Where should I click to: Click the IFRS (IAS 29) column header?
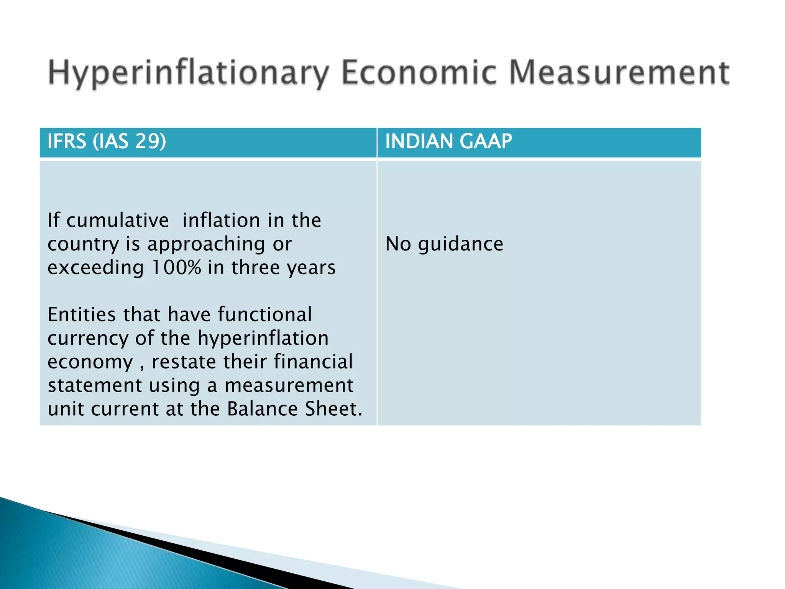click(107, 141)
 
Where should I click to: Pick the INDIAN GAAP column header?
click(448, 141)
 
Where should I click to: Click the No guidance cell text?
click(444, 244)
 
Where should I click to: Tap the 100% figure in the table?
click(176, 267)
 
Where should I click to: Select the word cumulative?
click(118, 220)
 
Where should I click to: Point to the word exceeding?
click(96, 268)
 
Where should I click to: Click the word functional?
click(265, 315)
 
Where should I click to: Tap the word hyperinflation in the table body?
click(263, 339)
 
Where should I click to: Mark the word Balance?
click(263, 409)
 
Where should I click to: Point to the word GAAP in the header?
click(486, 141)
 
